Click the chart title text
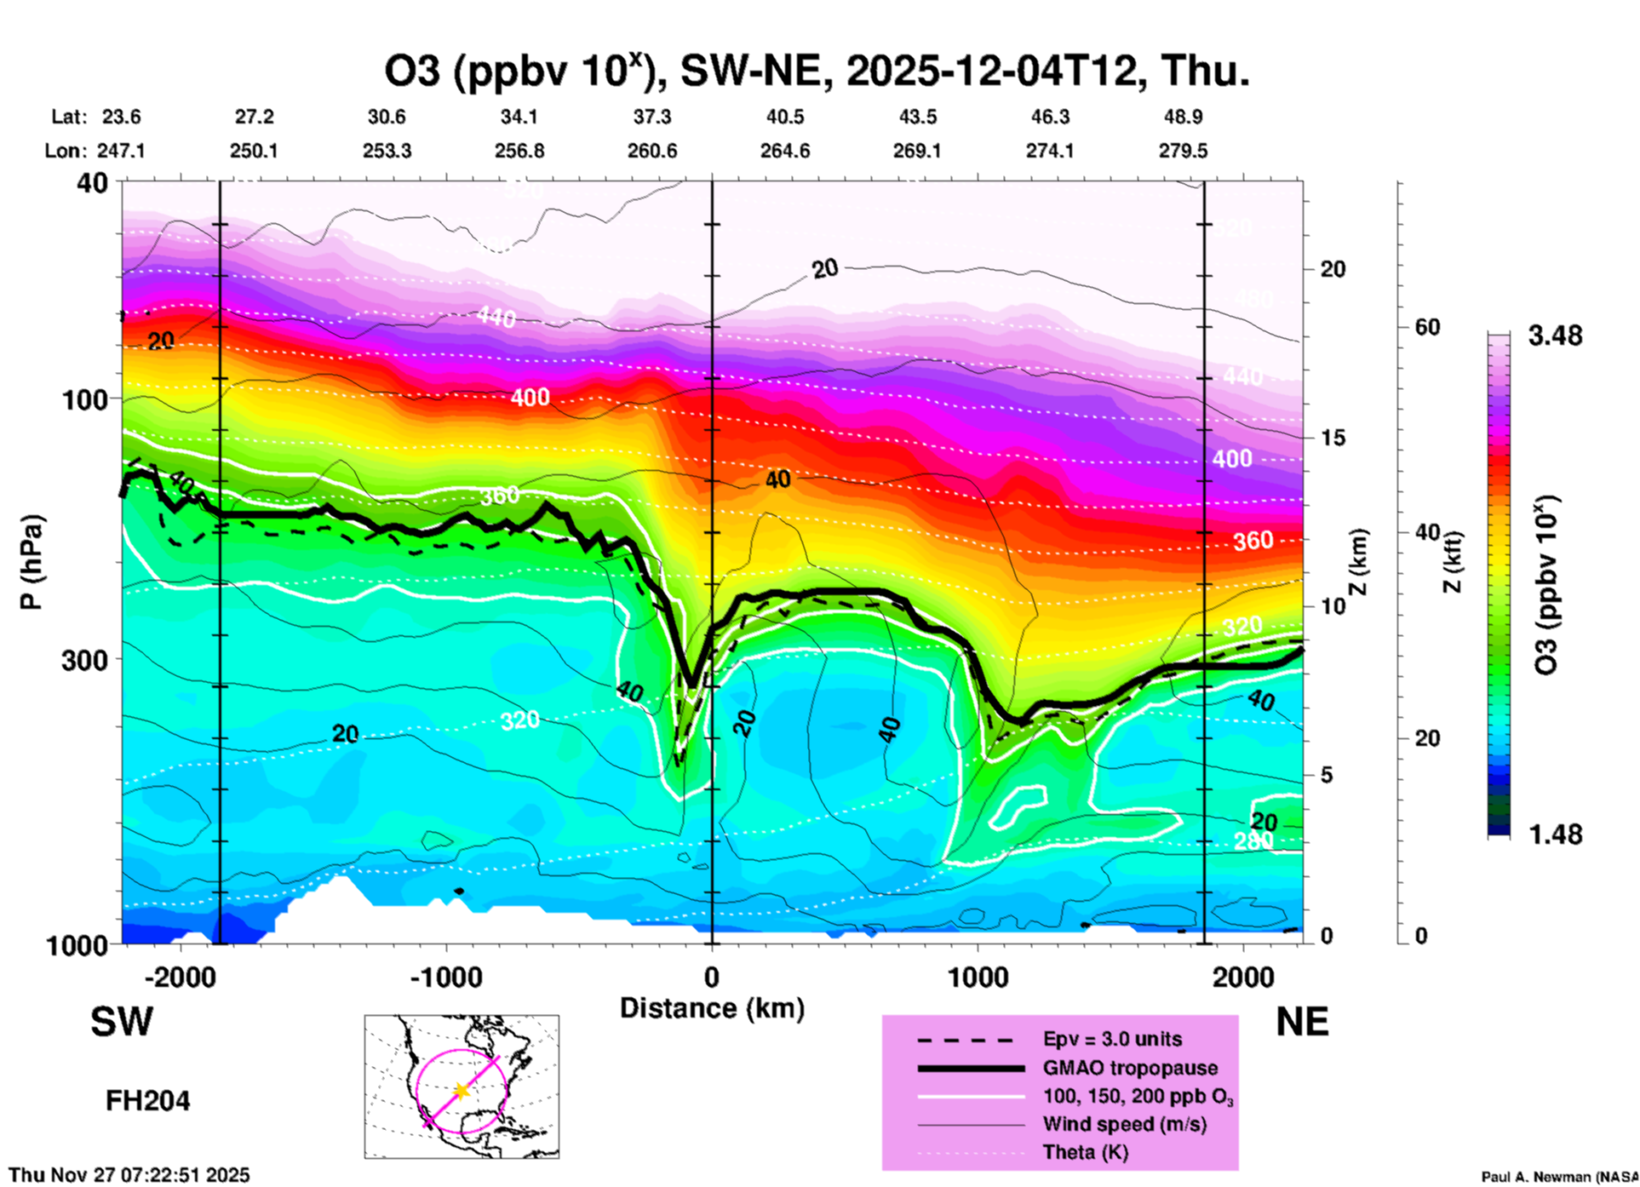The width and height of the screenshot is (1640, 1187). tap(817, 71)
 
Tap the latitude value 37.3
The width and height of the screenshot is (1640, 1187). tap(652, 117)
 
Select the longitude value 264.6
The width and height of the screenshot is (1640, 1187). tap(785, 152)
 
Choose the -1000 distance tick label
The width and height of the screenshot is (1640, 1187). tap(446, 978)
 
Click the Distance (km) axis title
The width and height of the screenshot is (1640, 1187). tap(712, 1008)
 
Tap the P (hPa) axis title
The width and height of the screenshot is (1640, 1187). tap(32, 562)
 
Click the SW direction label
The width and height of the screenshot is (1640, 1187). tap(122, 1022)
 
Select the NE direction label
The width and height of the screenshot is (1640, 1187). tap(1302, 1022)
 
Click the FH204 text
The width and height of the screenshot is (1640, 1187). tap(147, 1101)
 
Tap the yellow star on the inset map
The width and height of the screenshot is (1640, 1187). tap(462, 1091)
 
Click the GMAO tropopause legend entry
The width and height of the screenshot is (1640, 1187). tap(1130, 1068)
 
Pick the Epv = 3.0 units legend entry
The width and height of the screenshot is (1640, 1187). tap(1112, 1040)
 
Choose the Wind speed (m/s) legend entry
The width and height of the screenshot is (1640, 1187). tap(1124, 1125)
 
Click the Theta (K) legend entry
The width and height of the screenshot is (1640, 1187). tap(1086, 1153)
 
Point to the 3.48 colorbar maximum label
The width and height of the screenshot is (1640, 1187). tap(1555, 336)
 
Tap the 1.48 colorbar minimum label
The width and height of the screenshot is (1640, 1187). tap(1555, 834)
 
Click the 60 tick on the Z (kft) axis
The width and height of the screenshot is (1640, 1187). tap(1427, 327)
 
